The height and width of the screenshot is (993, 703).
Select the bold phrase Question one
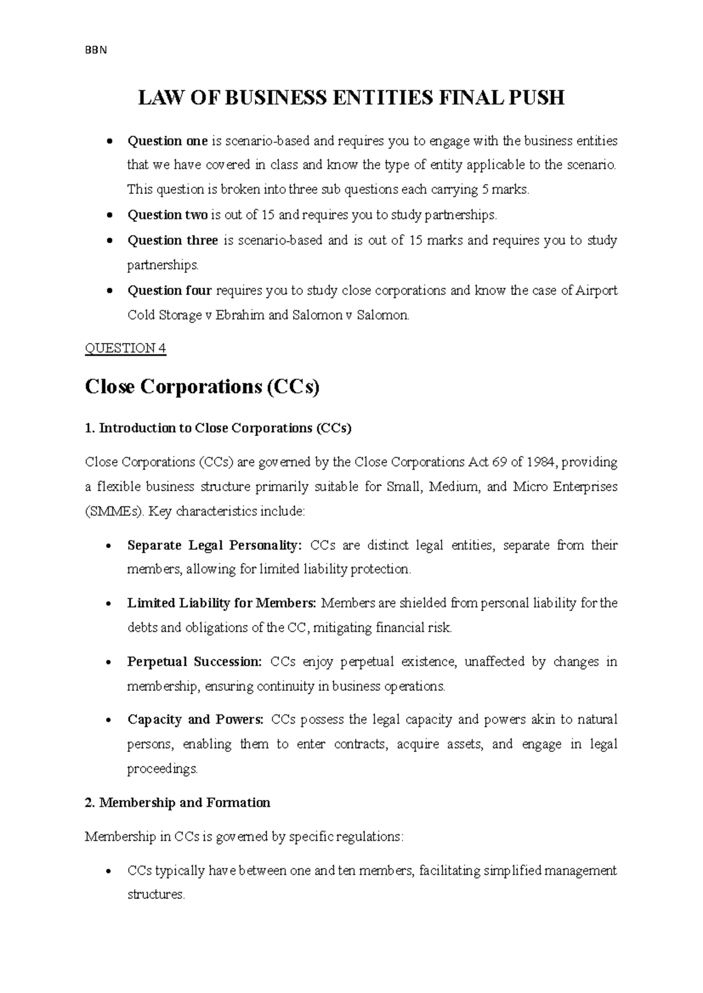(x=168, y=141)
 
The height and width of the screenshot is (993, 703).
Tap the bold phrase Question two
(x=168, y=215)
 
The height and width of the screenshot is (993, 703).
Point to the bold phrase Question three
(x=173, y=241)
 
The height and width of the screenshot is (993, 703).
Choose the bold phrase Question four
(x=170, y=291)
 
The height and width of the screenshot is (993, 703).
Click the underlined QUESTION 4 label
(x=125, y=349)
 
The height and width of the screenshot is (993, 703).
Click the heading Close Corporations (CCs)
(x=202, y=388)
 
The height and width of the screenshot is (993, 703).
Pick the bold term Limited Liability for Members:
(x=221, y=604)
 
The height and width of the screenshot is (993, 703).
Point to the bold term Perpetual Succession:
(x=194, y=662)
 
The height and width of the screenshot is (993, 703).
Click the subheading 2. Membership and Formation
(x=178, y=803)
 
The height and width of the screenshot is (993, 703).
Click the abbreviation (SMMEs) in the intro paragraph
(x=114, y=512)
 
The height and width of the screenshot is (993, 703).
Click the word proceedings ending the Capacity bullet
(x=162, y=769)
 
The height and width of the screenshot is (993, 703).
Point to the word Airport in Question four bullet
(x=597, y=291)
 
